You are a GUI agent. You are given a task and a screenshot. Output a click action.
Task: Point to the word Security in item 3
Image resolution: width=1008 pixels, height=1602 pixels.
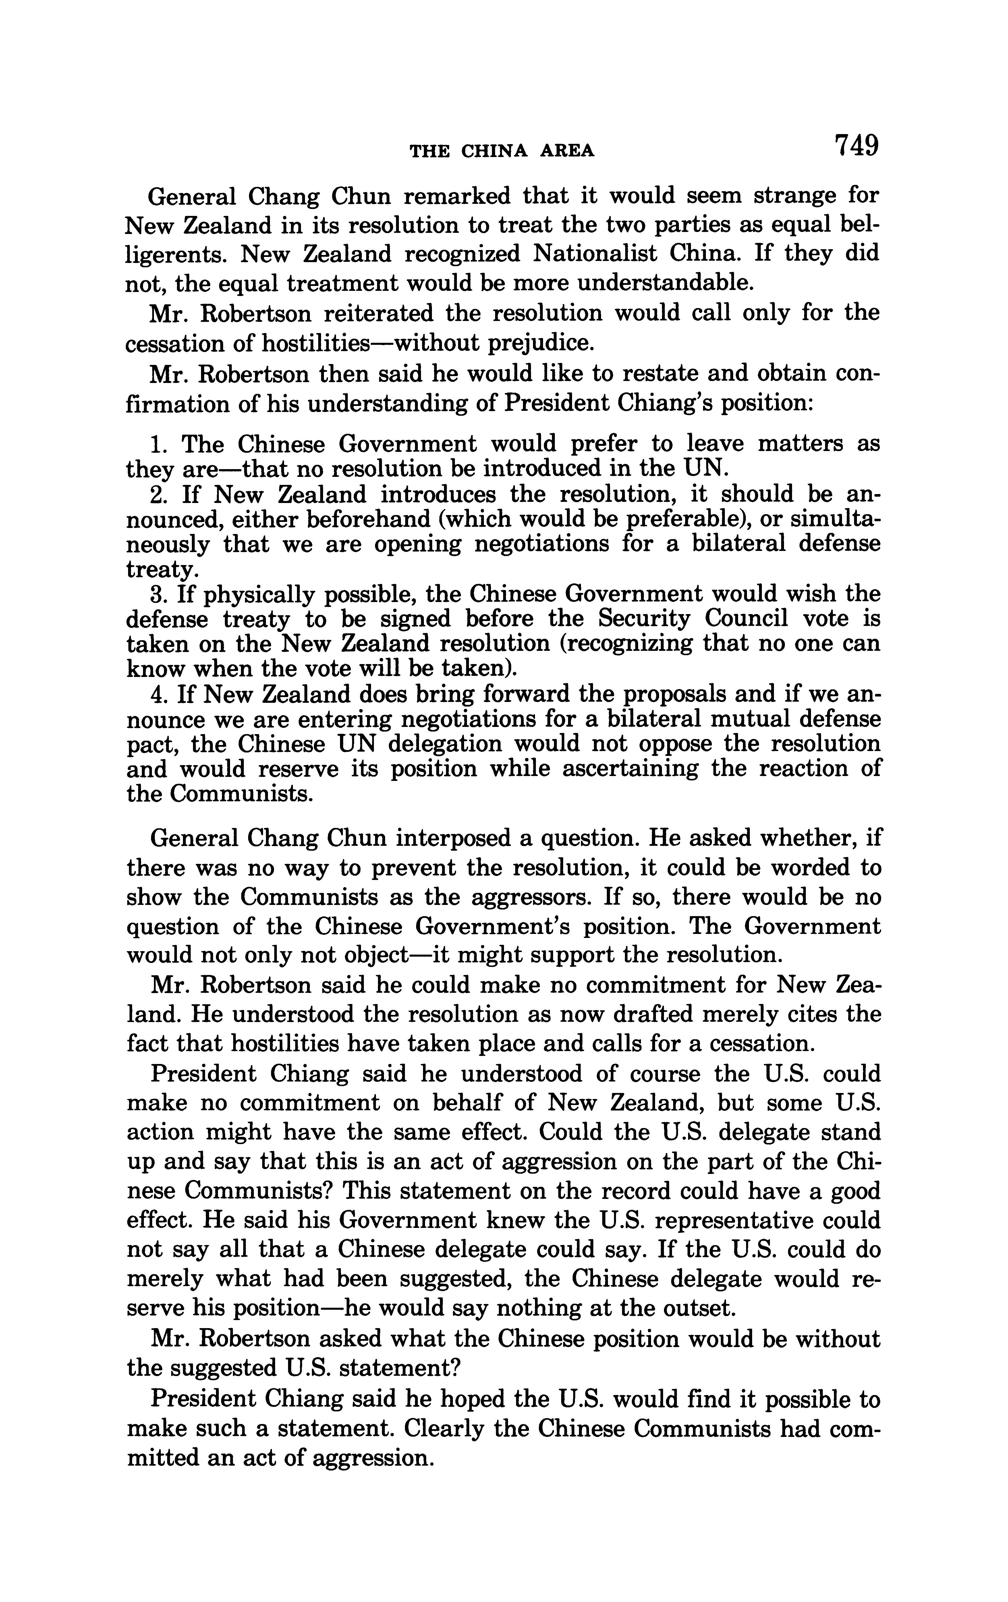[644, 619]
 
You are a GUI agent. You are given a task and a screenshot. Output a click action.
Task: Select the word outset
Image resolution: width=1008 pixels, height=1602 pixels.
[700, 1309]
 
